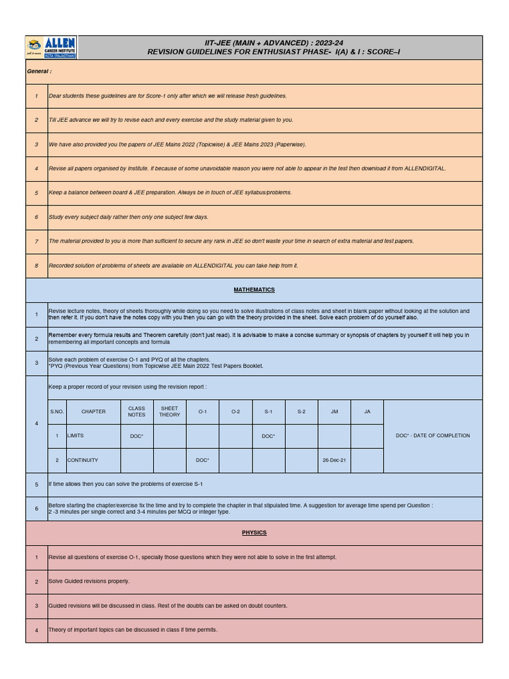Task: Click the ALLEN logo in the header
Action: pos(52,47)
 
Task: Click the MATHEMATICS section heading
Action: pos(254,290)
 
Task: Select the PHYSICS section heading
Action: pos(254,532)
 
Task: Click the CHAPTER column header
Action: pos(93,412)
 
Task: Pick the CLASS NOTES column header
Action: pos(137,412)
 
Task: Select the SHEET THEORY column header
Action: pos(170,412)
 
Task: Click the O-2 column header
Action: pos(235,412)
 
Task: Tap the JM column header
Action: pos(334,412)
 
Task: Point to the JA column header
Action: pos(367,412)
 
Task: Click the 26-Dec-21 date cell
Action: pos(334,460)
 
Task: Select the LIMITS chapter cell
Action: pos(76,436)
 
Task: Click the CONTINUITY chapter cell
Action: pos(83,460)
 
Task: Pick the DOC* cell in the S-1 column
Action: pos(268,436)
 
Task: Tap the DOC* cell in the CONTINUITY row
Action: pos(202,460)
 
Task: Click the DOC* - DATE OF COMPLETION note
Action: pos(433,436)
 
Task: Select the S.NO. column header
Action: pos(57,412)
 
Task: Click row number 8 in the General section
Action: pos(36,266)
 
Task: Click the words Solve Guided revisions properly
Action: pos(89,582)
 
